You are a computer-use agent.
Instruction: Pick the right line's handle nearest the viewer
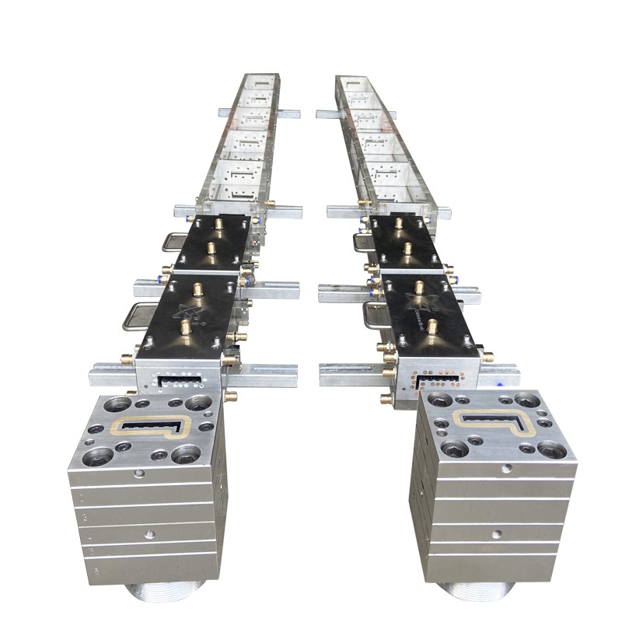(x=374, y=315)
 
